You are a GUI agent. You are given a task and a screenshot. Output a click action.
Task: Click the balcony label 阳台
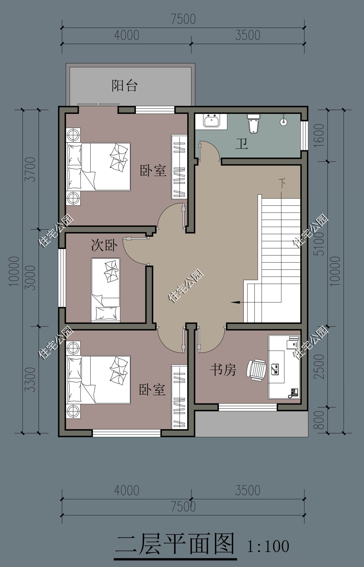click(125, 85)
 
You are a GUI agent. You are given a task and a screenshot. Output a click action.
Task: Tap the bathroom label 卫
click(242, 144)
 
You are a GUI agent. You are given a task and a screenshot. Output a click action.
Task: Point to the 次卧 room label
click(104, 245)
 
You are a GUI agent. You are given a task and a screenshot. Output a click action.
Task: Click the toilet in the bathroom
click(254, 124)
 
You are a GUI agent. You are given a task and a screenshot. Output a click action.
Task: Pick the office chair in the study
click(256, 369)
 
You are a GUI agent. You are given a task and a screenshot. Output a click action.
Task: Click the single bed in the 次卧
click(106, 290)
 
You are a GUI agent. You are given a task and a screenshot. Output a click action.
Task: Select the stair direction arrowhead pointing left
click(235, 302)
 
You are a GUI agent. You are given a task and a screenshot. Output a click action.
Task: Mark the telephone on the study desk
click(293, 393)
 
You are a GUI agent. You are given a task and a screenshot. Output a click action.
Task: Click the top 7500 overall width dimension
click(183, 19)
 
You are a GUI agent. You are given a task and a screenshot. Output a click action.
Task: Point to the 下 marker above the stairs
click(282, 183)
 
